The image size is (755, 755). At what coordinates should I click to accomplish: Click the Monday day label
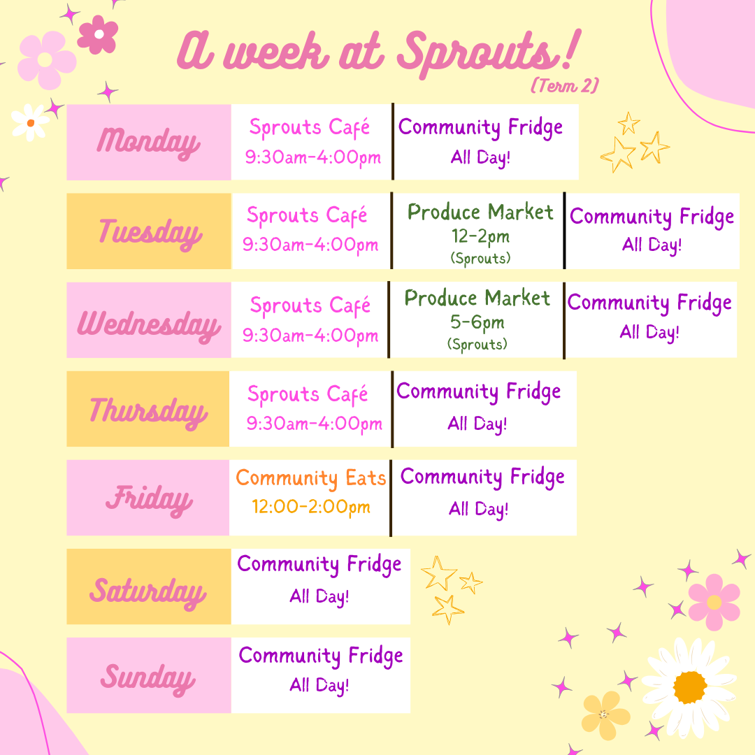pyautogui.click(x=148, y=142)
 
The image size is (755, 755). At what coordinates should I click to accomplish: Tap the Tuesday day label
pyautogui.click(x=150, y=231)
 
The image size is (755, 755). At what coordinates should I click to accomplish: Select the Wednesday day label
pyautogui.click(x=148, y=324)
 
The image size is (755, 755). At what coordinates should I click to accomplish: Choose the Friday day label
pyautogui.click(x=148, y=499)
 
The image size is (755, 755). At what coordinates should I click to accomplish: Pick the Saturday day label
pyautogui.click(x=148, y=591)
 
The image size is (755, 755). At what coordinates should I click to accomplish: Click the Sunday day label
pyautogui.click(x=148, y=677)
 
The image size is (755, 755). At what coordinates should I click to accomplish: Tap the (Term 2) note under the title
pyautogui.click(x=564, y=85)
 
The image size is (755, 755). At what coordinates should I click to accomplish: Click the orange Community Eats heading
pyautogui.click(x=310, y=478)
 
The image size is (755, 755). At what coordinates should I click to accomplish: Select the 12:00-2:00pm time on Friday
pyautogui.click(x=310, y=507)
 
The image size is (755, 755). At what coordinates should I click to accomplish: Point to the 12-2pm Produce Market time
pyautogui.click(x=480, y=236)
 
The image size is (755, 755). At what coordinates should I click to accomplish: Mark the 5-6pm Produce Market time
pyautogui.click(x=477, y=322)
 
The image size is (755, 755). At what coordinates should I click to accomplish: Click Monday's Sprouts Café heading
pyautogui.click(x=310, y=127)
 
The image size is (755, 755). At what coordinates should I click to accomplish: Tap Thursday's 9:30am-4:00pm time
pyautogui.click(x=314, y=424)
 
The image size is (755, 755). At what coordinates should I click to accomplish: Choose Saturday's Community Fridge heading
pyautogui.click(x=319, y=564)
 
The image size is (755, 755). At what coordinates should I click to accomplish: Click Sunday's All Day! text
pyautogui.click(x=319, y=685)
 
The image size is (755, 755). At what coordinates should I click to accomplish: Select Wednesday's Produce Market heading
pyautogui.click(x=477, y=298)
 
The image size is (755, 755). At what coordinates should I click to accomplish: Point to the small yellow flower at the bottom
pyautogui.click(x=604, y=714)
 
